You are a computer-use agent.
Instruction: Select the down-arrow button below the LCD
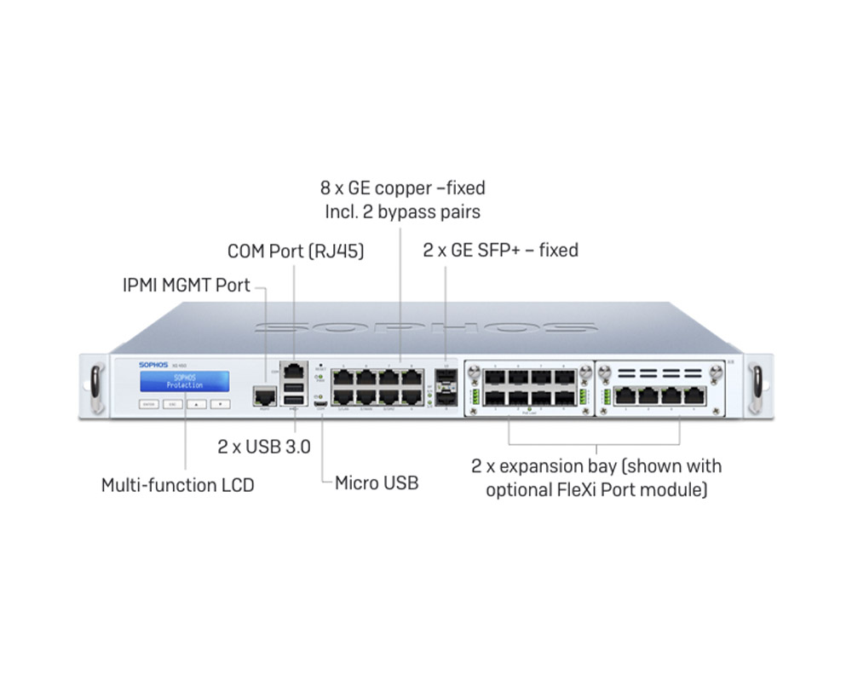(x=220, y=403)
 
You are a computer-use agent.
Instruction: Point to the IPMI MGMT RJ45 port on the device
(x=264, y=396)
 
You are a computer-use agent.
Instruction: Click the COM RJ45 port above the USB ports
(x=293, y=371)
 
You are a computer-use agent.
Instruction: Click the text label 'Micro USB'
(x=376, y=483)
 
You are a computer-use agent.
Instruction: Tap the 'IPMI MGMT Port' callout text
(x=187, y=285)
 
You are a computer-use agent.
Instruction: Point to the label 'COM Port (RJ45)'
(x=296, y=252)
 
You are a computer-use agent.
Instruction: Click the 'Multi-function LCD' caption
(x=177, y=485)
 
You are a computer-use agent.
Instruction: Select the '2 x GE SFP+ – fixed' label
(x=501, y=250)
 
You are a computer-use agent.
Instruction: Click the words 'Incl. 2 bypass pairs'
(x=402, y=211)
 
